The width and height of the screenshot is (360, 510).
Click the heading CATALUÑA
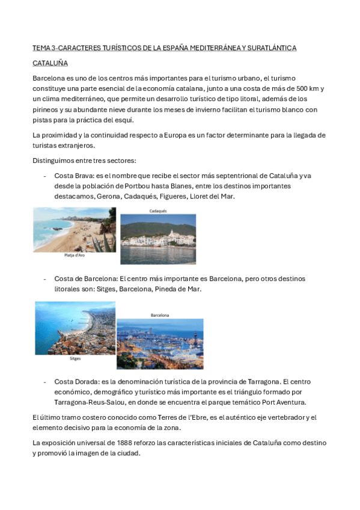50,63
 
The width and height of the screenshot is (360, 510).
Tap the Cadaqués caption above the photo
157,211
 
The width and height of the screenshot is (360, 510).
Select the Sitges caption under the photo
75,358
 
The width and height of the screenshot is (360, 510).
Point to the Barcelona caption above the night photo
160,315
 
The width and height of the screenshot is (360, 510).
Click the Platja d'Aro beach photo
75,229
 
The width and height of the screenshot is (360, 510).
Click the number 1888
121,443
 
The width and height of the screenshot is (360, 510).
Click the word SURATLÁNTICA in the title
267,48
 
